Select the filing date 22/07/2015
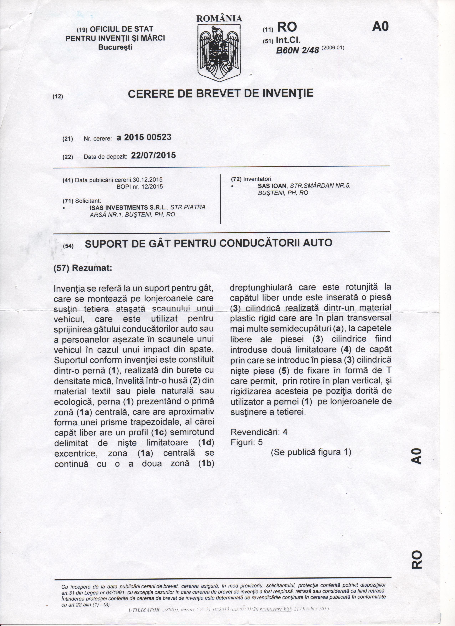(x=153, y=155)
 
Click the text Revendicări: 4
(x=259, y=432)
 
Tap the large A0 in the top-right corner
(x=380, y=27)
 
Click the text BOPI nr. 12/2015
(x=140, y=187)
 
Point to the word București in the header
(x=115, y=47)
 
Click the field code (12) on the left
(x=58, y=97)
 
